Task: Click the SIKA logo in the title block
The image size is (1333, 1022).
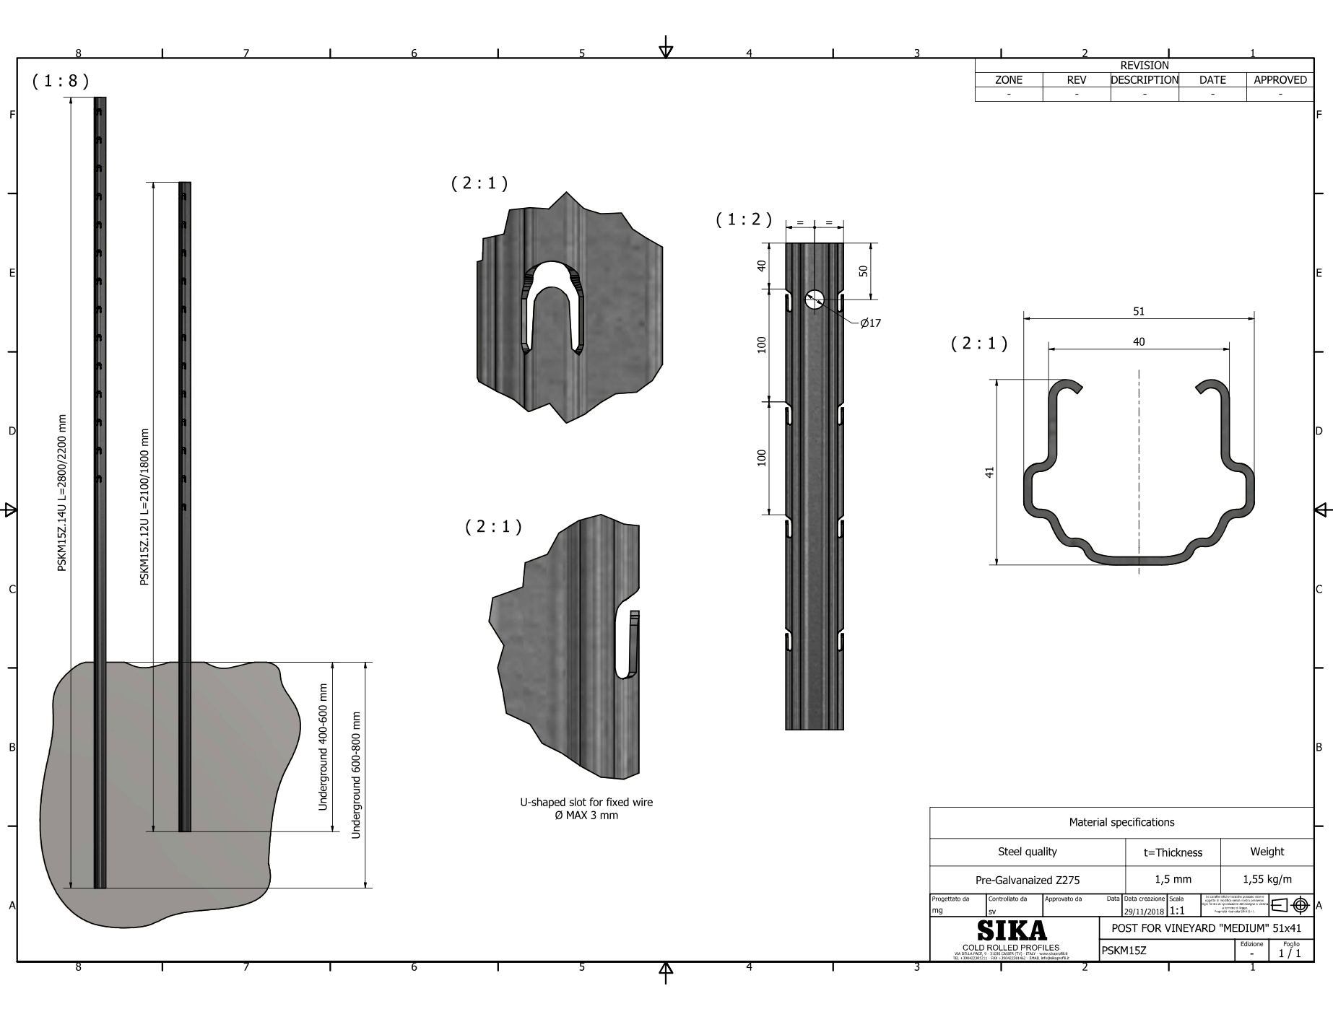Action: click(x=1011, y=929)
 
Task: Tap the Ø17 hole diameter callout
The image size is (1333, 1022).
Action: click(x=870, y=323)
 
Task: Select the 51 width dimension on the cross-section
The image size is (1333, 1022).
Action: click(x=1139, y=312)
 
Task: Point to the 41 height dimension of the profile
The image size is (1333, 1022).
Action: click(x=990, y=471)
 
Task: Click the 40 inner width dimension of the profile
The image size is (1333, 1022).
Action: click(x=1139, y=342)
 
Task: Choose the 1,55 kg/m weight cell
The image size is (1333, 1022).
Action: click(x=1267, y=879)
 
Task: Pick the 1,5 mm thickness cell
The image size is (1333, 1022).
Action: click(x=1173, y=879)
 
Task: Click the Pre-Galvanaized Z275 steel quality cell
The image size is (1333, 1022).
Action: click(x=1027, y=880)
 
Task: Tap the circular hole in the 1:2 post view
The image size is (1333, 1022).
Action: click(x=815, y=300)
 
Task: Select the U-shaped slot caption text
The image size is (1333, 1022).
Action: click(x=586, y=809)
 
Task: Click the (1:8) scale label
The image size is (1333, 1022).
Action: click(x=61, y=81)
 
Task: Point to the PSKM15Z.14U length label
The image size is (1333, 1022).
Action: click(x=62, y=493)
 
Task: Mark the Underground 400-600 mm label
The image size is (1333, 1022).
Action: click(x=323, y=747)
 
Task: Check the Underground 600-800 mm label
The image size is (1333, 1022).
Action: click(x=355, y=775)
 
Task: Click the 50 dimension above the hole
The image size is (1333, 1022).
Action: click(x=864, y=271)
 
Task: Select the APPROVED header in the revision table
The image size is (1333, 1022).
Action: click(x=1280, y=80)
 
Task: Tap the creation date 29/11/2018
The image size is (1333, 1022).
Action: click(x=1145, y=911)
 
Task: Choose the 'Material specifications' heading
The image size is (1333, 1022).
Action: click(x=1121, y=822)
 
